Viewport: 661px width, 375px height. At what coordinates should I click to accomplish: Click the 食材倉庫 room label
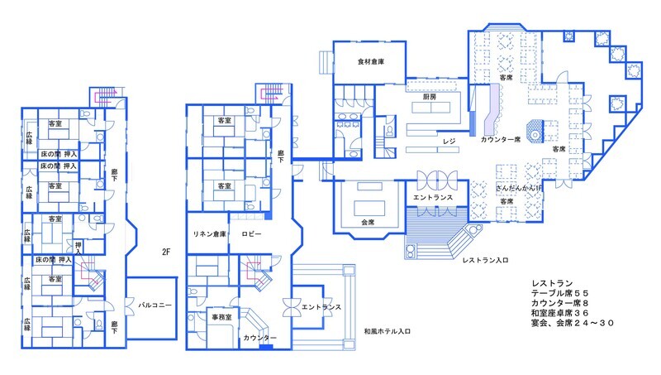[x=370, y=61]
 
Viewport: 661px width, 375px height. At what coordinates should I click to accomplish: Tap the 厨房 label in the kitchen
[x=429, y=97]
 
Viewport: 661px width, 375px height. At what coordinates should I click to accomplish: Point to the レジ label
[x=449, y=141]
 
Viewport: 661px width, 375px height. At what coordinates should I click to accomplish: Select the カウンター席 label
[x=501, y=139]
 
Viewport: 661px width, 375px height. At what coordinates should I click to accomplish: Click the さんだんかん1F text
[x=519, y=188]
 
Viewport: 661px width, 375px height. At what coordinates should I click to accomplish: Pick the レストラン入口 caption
[x=485, y=260]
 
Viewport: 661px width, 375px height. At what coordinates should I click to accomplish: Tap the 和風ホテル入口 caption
[x=387, y=331]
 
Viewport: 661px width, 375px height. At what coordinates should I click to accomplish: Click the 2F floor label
[x=166, y=252]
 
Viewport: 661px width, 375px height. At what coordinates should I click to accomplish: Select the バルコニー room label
[x=155, y=305]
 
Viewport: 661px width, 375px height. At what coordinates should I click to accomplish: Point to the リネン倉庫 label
[x=210, y=234]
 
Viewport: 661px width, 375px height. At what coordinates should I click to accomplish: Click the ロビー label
[x=251, y=234]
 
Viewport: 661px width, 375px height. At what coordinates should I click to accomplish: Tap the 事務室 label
[x=221, y=317]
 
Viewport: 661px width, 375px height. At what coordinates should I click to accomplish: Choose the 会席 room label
[x=368, y=222]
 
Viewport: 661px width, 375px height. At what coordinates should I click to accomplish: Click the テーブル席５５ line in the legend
[x=560, y=293]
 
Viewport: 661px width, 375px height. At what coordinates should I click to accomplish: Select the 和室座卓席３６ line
[x=560, y=313]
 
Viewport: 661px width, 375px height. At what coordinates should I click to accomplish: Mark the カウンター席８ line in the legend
[x=560, y=303]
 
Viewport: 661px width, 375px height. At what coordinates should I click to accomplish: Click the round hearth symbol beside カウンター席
[x=535, y=130]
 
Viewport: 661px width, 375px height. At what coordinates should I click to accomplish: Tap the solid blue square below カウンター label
[x=266, y=348]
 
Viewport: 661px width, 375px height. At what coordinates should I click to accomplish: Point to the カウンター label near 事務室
[x=260, y=338]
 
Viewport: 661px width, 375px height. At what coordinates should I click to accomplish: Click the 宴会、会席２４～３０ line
[x=573, y=323]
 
